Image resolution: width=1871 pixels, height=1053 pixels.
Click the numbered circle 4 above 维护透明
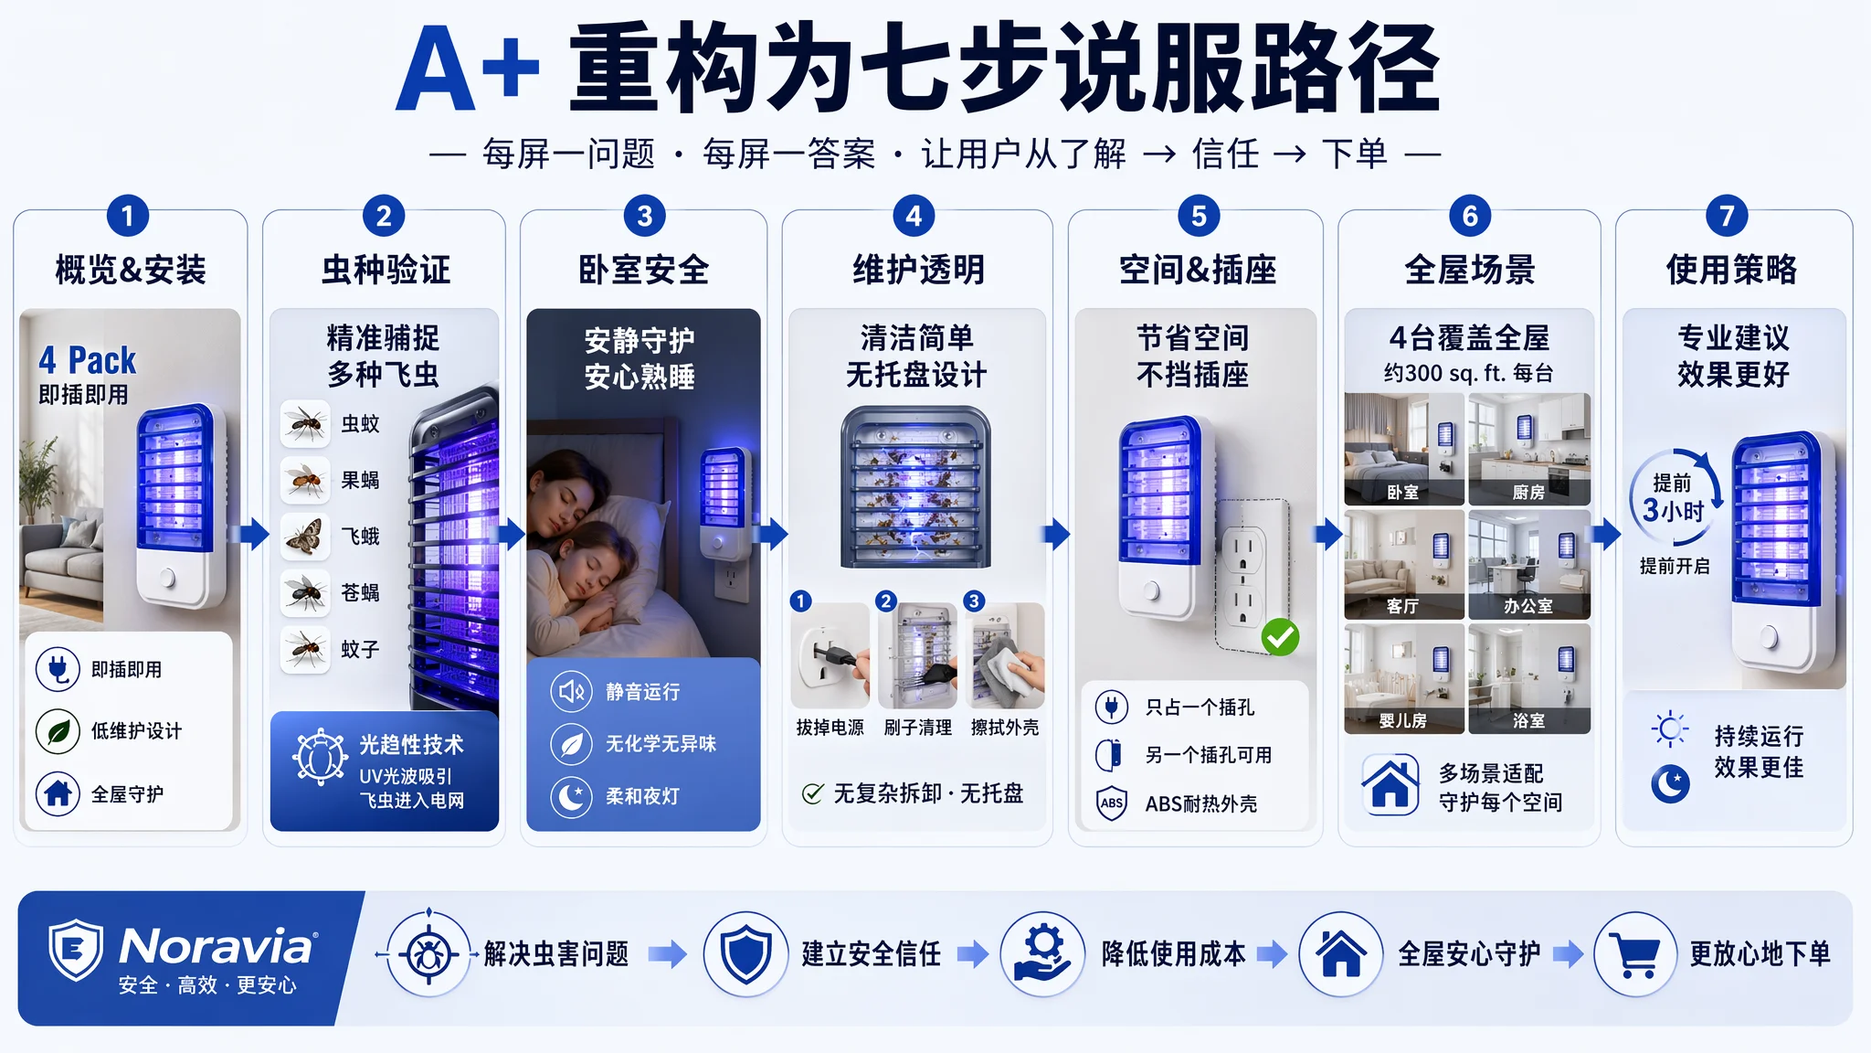pyautogui.click(x=914, y=217)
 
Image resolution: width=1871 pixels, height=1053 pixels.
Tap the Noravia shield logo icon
pyautogui.click(x=76, y=950)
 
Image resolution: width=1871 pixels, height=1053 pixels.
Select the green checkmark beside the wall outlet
pyautogui.click(x=1280, y=637)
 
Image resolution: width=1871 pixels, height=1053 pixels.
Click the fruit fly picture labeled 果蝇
pyautogui.click(x=305, y=480)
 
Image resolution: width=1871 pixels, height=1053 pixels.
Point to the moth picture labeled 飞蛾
pyautogui.click(x=305, y=537)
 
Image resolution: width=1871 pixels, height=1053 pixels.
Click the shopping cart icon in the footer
pyautogui.click(x=1635, y=954)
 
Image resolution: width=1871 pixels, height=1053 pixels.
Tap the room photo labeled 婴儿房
pyautogui.click(x=1404, y=678)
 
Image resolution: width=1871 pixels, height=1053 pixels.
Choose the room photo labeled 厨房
pyautogui.click(x=1529, y=450)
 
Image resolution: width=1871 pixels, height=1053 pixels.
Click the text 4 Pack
pyautogui.click(x=87, y=360)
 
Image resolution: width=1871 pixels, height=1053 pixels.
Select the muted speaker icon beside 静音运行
pyautogui.click(x=571, y=692)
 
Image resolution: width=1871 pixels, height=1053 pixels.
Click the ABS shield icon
pyautogui.click(x=1112, y=803)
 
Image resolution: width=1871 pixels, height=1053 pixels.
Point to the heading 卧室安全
pyautogui.click(x=644, y=270)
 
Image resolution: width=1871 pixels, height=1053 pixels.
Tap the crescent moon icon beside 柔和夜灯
pyautogui.click(x=571, y=796)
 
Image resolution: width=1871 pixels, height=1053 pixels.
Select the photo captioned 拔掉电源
pyautogui.click(x=830, y=655)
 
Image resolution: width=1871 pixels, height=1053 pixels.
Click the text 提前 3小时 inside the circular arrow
pyautogui.click(x=1673, y=498)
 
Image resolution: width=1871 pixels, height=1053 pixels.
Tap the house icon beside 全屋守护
pyautogui.click(x=58, y=792)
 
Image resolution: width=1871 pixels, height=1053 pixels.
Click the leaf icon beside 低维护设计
pyautogui.click(x=58, y=731)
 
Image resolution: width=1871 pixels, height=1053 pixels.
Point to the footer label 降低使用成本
pyautogui.click(x=1174, y=954)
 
